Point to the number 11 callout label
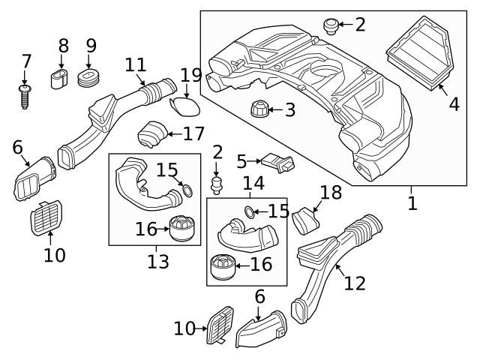[136, 65]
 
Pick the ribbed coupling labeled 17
[150, 136]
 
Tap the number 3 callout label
[289, 110]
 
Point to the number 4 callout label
[454, 104]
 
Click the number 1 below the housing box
[412, 203]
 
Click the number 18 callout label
[331, 193]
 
